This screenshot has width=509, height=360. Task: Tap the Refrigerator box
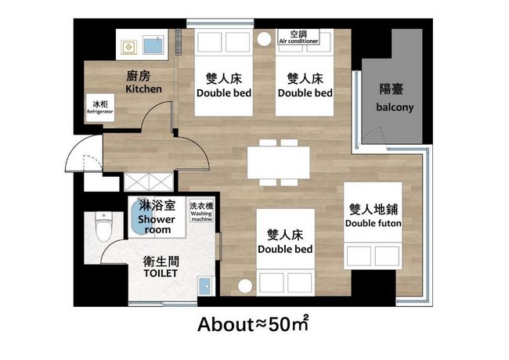tap(100, 108)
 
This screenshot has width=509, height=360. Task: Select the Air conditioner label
tap(298, 37)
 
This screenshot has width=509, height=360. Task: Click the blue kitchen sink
tap(153, 45)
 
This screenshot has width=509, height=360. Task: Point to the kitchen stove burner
tap(129, 48)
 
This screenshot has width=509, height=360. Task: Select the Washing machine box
tap(201, 211)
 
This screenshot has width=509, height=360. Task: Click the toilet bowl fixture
tap(103, 227)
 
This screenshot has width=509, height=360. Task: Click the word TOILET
tap(161, 273)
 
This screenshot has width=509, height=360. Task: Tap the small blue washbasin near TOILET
tap(205, 286)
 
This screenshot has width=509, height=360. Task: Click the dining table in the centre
tap(279, 163)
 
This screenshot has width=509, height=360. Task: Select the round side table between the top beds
tap(264, 39)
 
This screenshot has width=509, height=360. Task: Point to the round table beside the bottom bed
tap(245, 286)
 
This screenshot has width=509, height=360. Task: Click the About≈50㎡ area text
tap(253, 324)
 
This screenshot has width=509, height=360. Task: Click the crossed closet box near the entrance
tap(149, 182)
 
